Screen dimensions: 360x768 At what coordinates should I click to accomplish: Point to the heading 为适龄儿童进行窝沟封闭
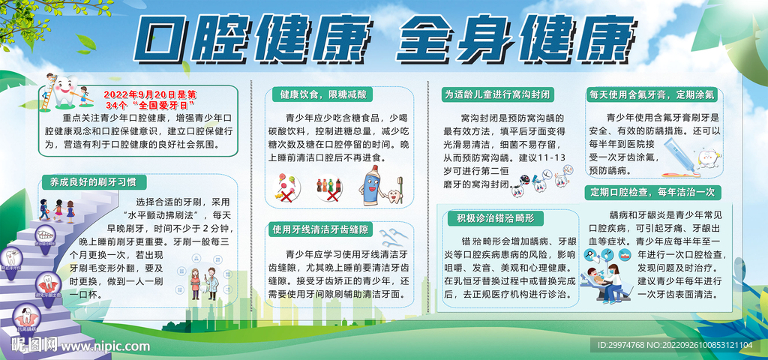point(496,94)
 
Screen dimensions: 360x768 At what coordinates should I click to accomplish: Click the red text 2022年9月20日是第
point(148,94)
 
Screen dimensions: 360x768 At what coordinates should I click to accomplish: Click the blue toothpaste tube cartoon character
point(373,185)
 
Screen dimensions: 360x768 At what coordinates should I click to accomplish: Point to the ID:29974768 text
point(624,345)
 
